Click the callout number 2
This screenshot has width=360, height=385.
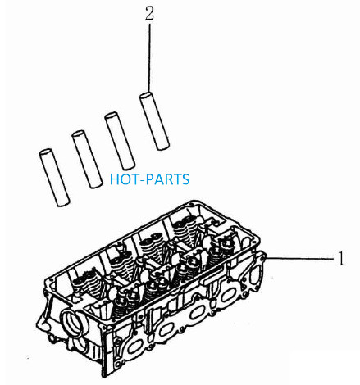click(149, 14)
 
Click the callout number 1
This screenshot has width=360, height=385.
click(341, 258)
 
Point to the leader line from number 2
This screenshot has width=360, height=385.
click(149, 58)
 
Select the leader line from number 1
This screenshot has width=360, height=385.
click(300, 258)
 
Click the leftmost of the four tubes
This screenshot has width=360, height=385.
click(54, 178)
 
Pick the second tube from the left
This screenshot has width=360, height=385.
click(87, 159)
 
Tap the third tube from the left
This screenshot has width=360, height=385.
click(120, 141)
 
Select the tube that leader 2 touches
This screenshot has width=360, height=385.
click(154, 121)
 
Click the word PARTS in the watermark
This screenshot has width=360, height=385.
click(167, 179)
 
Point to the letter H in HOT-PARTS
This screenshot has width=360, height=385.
click(114, 179)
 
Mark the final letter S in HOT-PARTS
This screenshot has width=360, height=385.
click(185, 179)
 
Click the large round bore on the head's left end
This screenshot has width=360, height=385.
click(73, 322)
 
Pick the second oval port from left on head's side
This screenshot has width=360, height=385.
click(166, 329)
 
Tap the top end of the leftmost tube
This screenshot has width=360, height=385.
click(45, 152)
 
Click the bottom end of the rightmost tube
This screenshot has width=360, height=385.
click(163, 147)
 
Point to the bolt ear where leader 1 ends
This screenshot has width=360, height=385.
click(262, 257)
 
